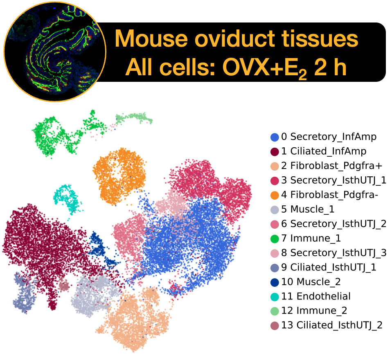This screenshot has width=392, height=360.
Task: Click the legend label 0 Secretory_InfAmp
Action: [329, 137]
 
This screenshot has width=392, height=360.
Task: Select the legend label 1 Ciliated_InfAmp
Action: [324, 151]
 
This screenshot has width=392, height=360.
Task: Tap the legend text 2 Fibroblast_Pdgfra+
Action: [331, 166]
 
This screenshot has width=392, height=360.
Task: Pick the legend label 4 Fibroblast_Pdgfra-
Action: [329, 195]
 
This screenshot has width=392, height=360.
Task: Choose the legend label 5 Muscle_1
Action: [308, 209]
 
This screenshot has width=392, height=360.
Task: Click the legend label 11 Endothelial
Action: [316, 296]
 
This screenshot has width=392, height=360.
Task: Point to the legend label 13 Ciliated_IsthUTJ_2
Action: [332, 325]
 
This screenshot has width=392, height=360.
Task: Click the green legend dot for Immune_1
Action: [275, 239]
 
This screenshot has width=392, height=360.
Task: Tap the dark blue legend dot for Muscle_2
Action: [275, 282]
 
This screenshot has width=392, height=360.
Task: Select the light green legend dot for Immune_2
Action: [275, 311]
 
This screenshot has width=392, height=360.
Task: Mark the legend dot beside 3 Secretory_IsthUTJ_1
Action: [275, 180]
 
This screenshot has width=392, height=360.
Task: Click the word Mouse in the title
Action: [151, 39]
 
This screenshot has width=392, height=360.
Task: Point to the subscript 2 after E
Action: [302, 74]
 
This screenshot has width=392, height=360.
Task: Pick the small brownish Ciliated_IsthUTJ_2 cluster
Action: [64, 286]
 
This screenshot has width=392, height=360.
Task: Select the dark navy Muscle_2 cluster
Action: [101, 250]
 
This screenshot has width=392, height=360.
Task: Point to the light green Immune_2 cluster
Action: [134, 118]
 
